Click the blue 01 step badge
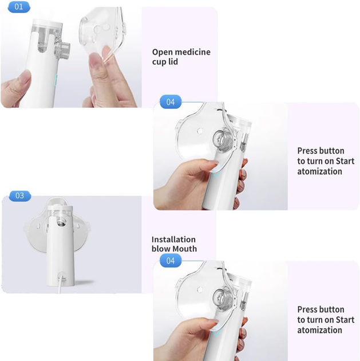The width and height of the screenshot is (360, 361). [x=19, y=7]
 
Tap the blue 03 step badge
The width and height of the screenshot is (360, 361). [x=20, y=196]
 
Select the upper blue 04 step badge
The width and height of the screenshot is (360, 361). [x=171, y=102]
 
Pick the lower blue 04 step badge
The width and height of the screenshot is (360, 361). [x=171, y=261]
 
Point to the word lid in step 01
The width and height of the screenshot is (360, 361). [x=173, y=61]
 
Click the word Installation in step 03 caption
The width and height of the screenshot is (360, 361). [x=173, y=240]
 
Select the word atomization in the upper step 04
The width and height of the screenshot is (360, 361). [x=319, y=171]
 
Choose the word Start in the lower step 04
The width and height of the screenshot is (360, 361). [x=345, y=320]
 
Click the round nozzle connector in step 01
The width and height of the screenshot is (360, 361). [x=62, y=49]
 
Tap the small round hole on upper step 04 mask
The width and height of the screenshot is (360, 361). [x=200, y=131]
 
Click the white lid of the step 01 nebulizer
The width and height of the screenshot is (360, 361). [x=48, y=23]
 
